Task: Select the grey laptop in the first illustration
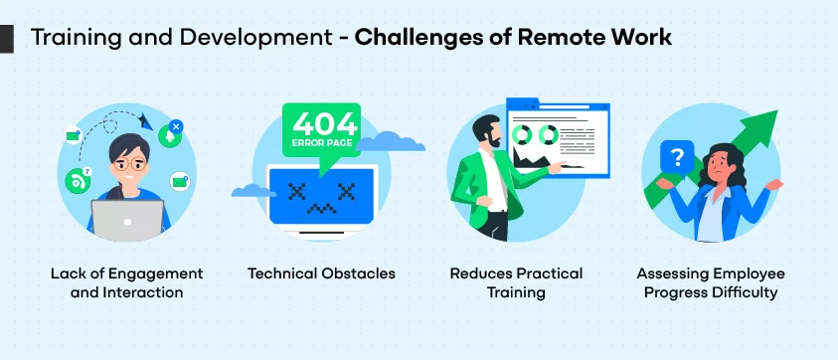click(x=126, y=220)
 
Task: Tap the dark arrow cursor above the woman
click(x=146, y=120)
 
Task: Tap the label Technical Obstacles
click(x=321, y=273)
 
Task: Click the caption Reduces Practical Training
click(x=516, y=282)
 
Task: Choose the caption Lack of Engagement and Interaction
click(x=126, y=282)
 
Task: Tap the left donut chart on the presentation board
click(x=520, y=133)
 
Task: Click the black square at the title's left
click(x=7, y=38)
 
